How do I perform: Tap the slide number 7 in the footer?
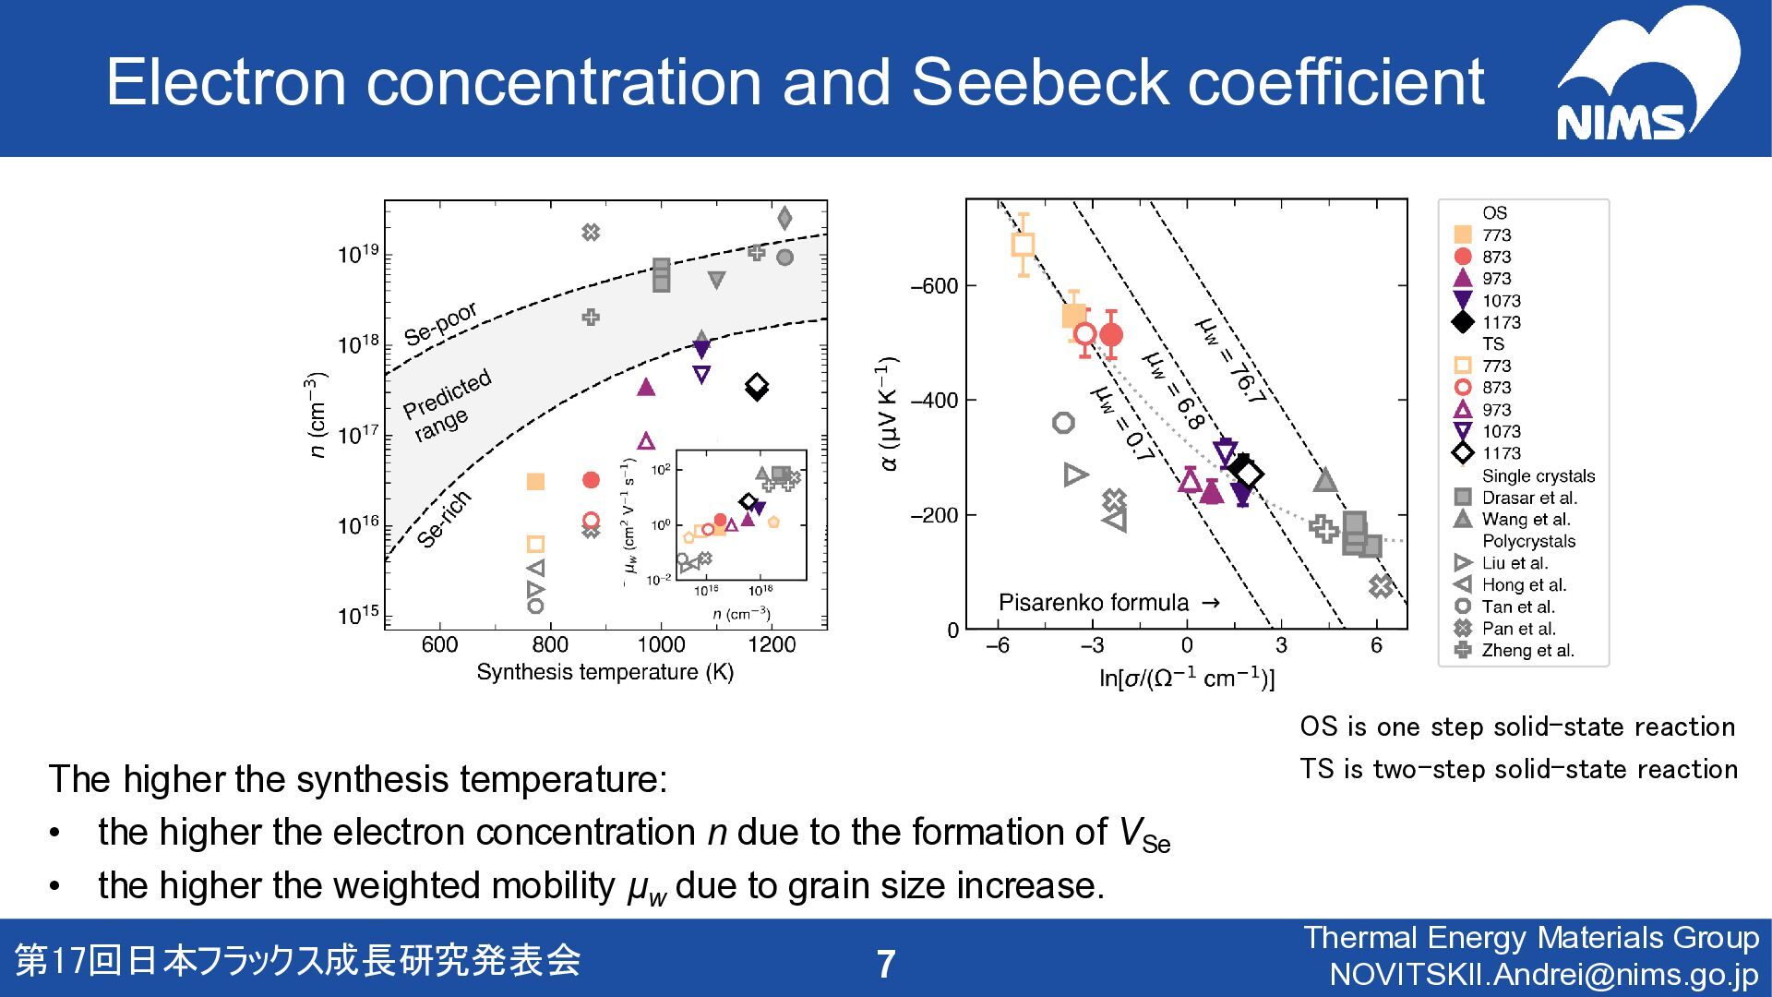coord(885,964)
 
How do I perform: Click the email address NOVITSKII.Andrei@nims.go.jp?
coord(1544,975)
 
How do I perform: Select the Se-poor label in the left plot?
coord(440,324)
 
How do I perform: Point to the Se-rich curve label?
coord(444,520)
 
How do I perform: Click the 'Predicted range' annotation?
coord(449,406)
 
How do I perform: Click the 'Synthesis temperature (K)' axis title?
coord(605,672)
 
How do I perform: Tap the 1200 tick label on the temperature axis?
coord(771,644)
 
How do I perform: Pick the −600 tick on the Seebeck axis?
coord(934,286)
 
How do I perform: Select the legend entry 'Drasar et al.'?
coord(1528,498)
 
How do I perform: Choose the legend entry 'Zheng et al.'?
coord(1527,651)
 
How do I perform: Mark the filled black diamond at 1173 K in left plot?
coord(757,390)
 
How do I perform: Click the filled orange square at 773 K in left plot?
coord(535,482)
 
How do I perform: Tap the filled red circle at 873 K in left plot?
coord(592,480)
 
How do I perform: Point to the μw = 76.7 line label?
coord(1228,361)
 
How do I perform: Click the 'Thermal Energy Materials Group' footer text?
coord(1531,938)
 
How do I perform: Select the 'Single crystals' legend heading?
coord(1538,476)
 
